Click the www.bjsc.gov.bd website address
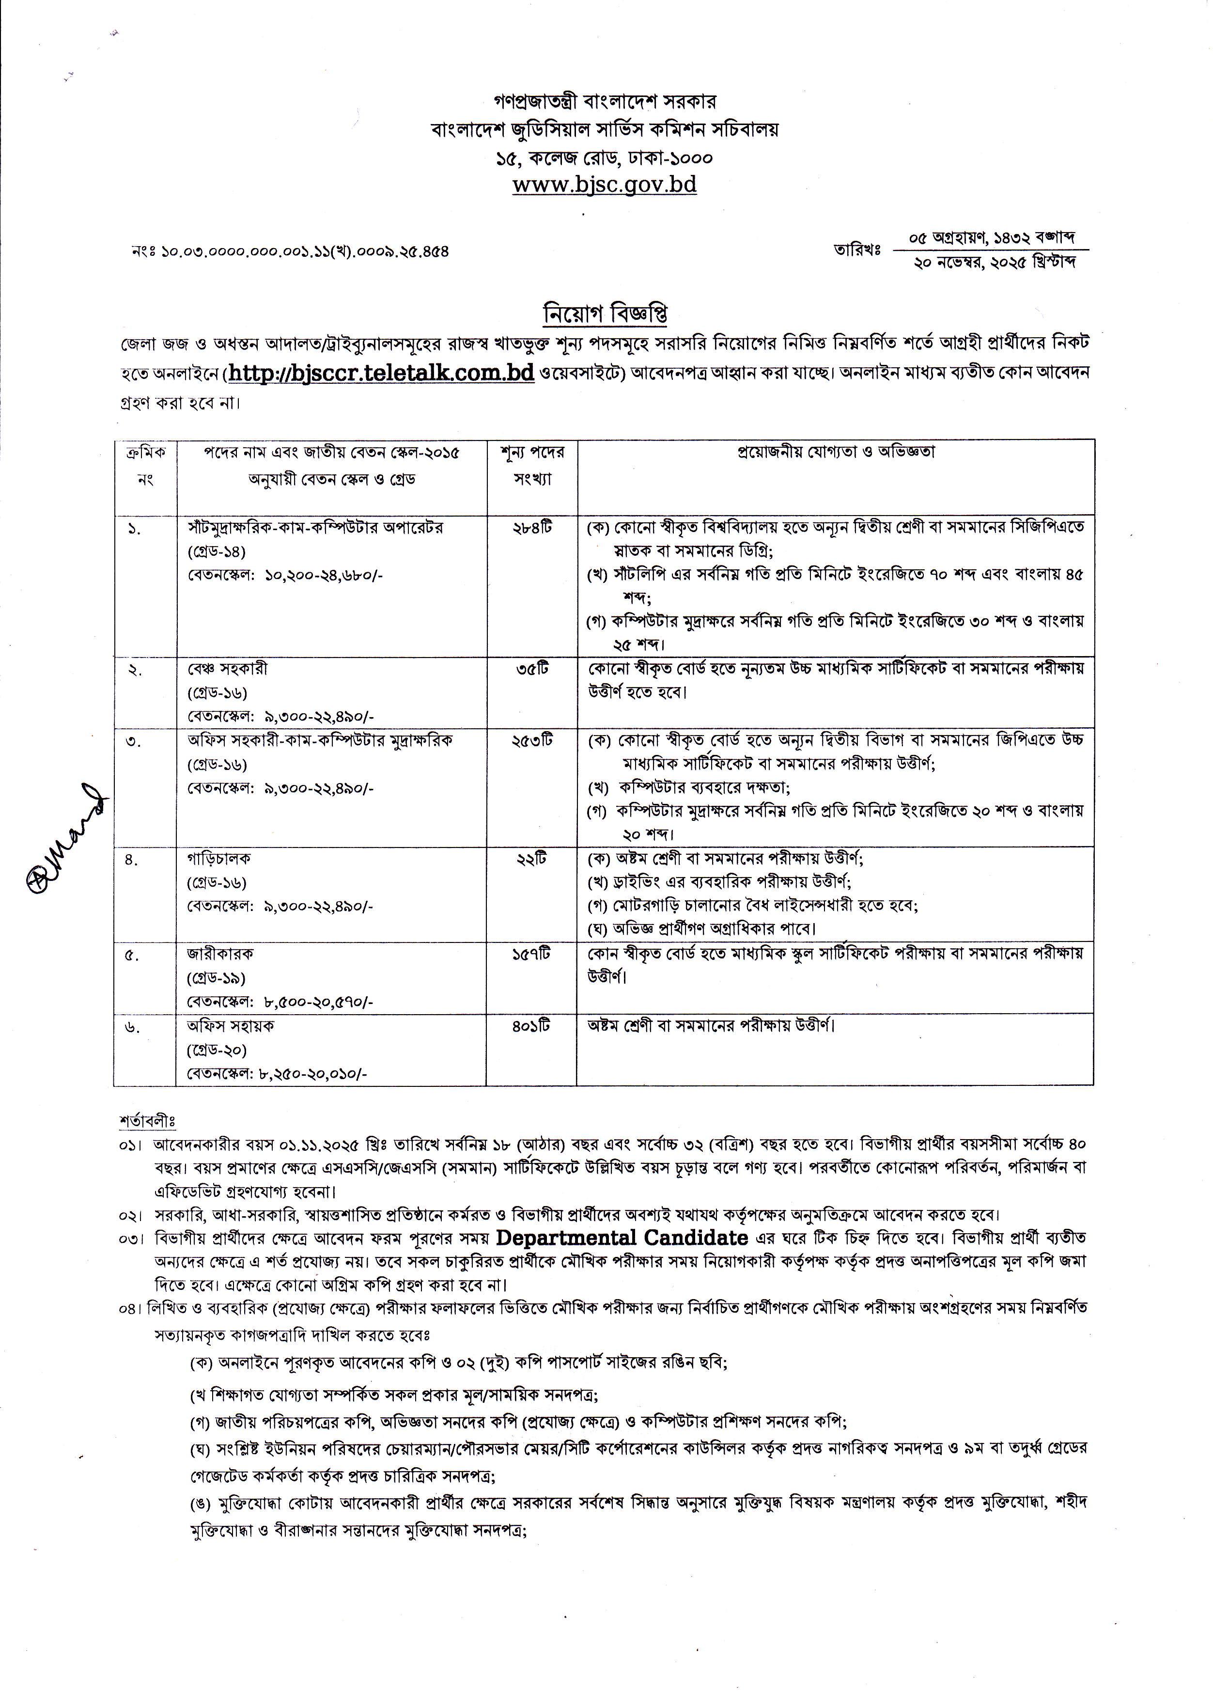[604, 184]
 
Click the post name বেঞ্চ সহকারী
[227, 669]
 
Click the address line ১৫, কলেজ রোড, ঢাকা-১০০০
[604, 157]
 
